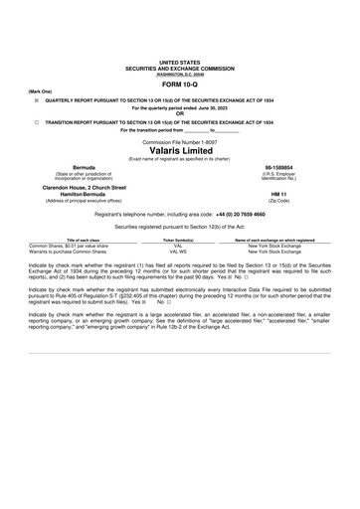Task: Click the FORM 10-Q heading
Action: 180,86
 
